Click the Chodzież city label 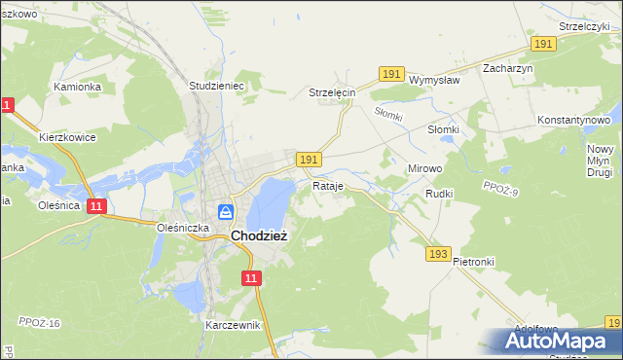coord(258,234)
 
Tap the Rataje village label coord(328,185)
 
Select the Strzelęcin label coord(333,92)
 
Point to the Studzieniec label coord(215,86)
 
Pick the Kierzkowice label coord(67,137)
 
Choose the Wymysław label coord(433,80)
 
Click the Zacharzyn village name coord(508,69)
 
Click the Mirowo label coord(424,168)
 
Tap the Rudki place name coord(439,194)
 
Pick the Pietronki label coord(474,263)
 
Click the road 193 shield coord(438,254)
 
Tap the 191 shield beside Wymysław coord(392,74)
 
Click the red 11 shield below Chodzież coord(252,279)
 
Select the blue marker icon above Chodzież coord(226,211)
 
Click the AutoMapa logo coord(558,342)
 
